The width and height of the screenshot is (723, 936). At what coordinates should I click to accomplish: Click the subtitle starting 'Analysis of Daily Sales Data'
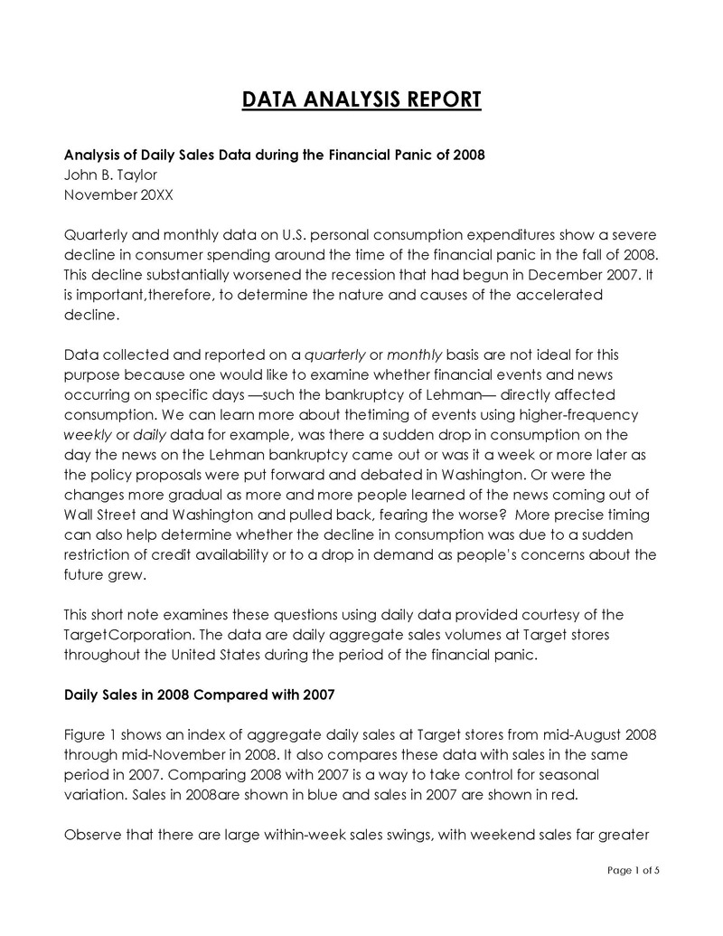click(275, 155)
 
